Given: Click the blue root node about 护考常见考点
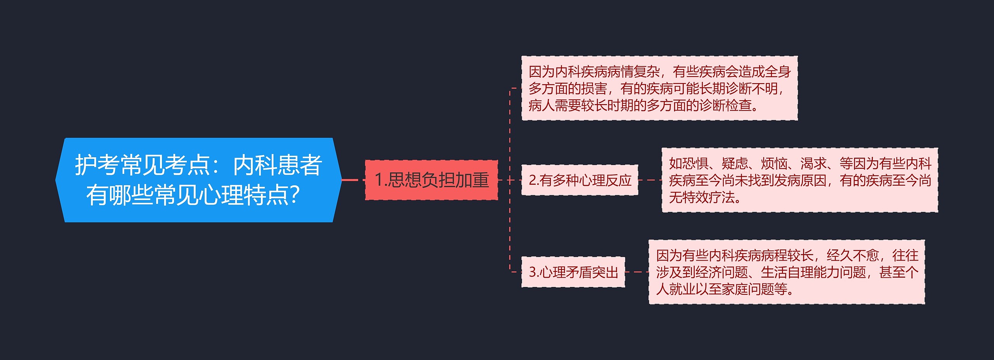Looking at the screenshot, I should coord(198,180).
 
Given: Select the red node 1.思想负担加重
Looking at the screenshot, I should coord(431,180).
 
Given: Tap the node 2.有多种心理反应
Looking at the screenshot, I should coord(579,180).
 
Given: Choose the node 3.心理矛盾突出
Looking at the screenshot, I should coord(573,272).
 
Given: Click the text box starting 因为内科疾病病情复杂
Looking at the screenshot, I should coord(659,88).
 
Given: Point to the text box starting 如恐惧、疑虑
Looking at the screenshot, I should coord(800,180).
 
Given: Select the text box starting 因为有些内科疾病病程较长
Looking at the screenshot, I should coord(787,272).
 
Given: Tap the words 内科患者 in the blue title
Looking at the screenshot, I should coord(277,165).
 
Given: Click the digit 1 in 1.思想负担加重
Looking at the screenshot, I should coord(379,180).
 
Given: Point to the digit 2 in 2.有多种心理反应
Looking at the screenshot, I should coord(532,180).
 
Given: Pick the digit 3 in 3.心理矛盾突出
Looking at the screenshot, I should coord(532,272).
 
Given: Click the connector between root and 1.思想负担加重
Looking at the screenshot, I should coord(353,180).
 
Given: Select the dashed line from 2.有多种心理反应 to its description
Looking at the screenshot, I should coord(650,180).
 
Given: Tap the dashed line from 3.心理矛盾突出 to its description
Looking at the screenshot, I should coord(637,272).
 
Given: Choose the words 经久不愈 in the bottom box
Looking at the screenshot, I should coord(853,256).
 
